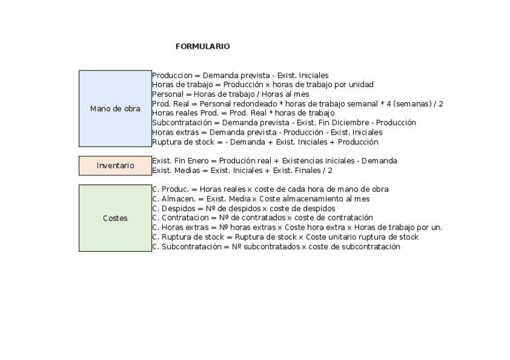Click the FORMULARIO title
coord(203,46)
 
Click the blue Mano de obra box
coord(115,109)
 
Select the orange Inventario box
coord(115,165)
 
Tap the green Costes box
coord(115,218)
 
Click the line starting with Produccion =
coord(240,76)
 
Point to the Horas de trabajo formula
coord(263,85)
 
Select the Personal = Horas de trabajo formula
coord(239,94)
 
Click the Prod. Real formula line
coord(298,104)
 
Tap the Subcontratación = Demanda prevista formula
coord(284,123)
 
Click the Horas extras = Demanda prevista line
coord(267,132)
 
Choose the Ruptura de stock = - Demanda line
coord(265,142)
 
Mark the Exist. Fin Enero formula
coord(274,161)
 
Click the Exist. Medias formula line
coord(242,171)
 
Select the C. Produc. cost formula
coord(270,189)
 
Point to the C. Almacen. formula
coord(261,199)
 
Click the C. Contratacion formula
coord(262,218)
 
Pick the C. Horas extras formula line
coord(297,227)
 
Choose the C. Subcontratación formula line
coord(276,246)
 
